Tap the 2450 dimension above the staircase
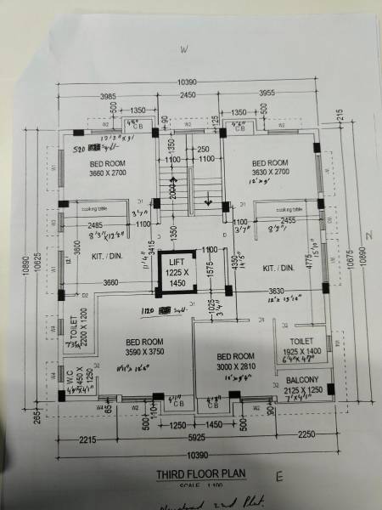(188, 94)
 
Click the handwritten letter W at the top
(182, 49)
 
